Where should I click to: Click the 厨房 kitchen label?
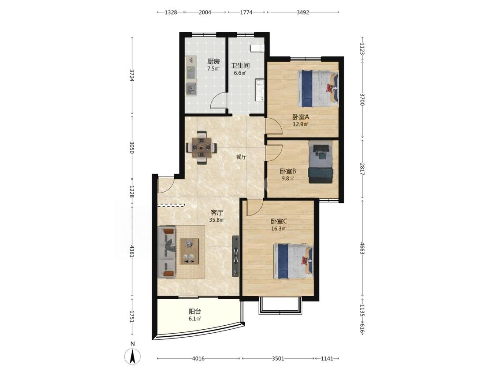(x=213, y=62)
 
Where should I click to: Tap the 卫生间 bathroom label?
(x=240, y=66)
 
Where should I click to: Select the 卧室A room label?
(x=301, y=117)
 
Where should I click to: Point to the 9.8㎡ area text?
(x=288, y=179)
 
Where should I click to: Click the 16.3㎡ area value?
(x=279, y=228)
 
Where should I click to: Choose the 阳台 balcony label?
(x=195, y=312)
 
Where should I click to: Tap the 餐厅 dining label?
(x=241, y=157)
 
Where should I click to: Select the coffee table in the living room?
(x=189, y=252)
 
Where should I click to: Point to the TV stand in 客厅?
(x=235, y=256)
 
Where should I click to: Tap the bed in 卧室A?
(x=318, y=89)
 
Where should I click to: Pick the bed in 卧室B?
(x=321, y=162)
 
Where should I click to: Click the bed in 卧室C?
(x=293, y=261)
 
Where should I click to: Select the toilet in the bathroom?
(x=257, y=48)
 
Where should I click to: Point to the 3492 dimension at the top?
(x=303, y=12)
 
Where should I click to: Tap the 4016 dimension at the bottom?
(x=198, y=358)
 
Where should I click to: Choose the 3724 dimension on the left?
(x=132, y=76)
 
